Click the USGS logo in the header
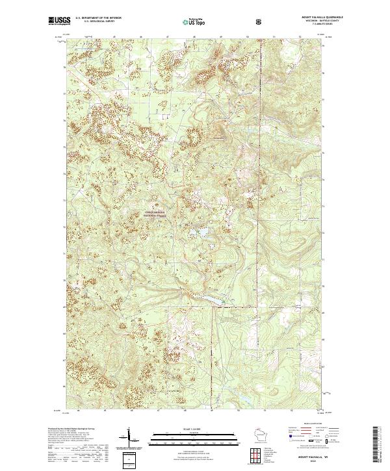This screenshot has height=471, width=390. pyautogui.click(x=59, y=21)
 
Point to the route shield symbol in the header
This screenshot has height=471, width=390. pyautogui.click(x=260, y=21)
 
